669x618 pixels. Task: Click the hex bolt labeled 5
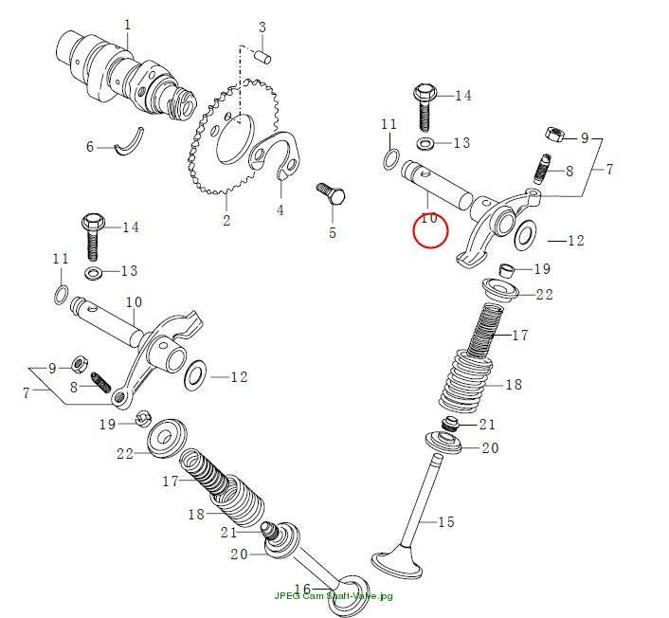pos(331,194)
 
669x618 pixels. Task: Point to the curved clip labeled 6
pos(129,142)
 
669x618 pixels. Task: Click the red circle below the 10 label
pos(430,230)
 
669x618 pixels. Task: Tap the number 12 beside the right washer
pos(575,241)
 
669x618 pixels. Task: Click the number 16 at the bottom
pos(302,590)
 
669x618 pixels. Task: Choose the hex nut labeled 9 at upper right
pos(554,134)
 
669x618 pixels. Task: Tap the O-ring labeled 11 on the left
pos(62,295)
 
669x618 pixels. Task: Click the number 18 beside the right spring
pos(514,385)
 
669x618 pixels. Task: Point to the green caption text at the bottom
pos(334,596)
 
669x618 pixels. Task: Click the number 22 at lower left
pos(125,454)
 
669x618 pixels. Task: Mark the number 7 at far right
pos(609,170)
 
